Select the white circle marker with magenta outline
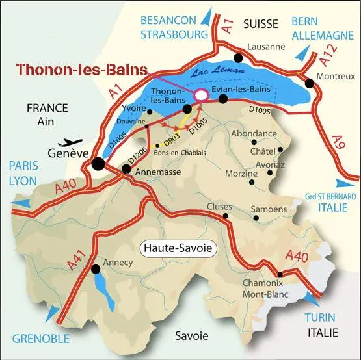click(202, 95)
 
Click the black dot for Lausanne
click(239, 58)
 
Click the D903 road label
click(171, 138)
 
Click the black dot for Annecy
click(96, 268)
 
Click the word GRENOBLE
click(40, 339)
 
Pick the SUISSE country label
click(260, 24)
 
